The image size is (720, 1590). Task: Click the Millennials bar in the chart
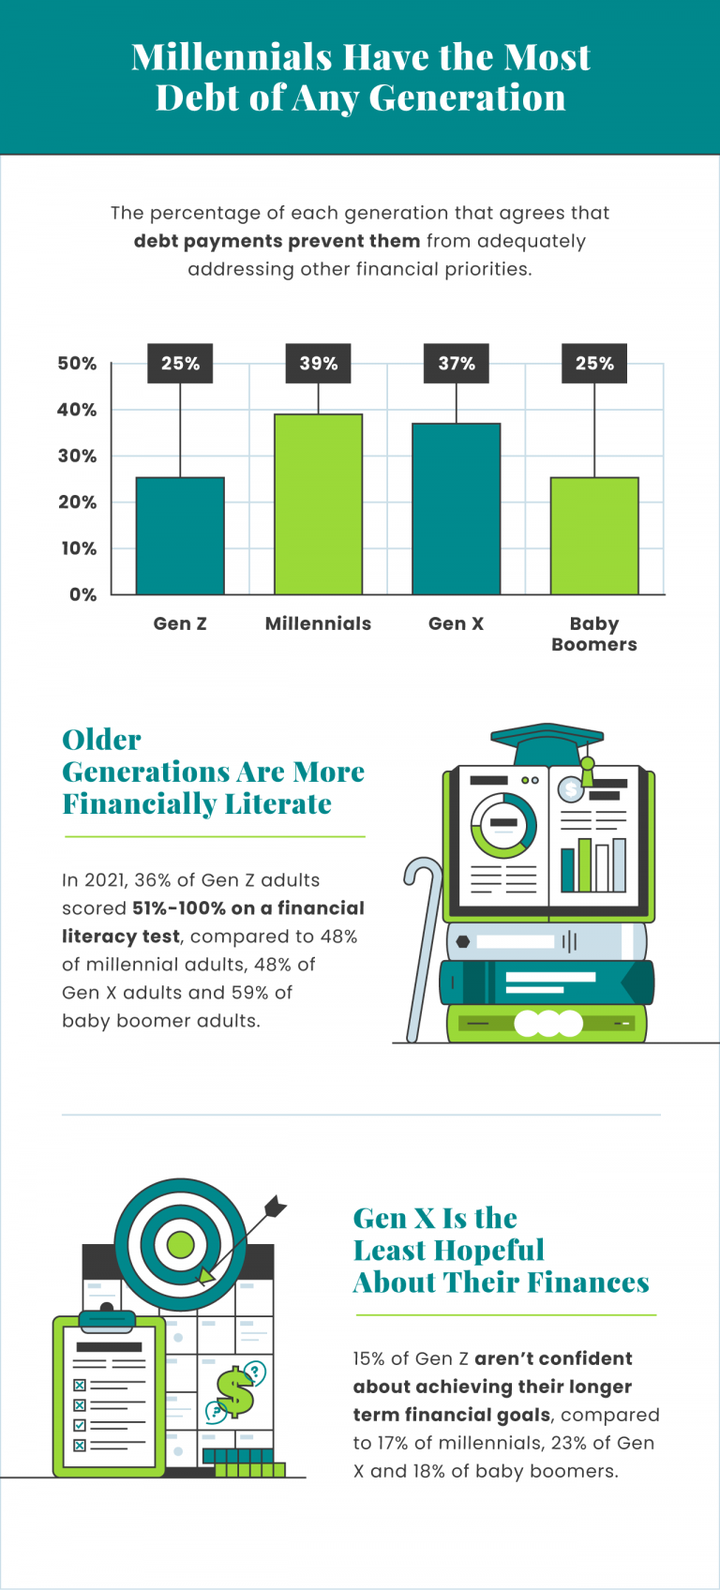318,504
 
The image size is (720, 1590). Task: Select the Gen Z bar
180,535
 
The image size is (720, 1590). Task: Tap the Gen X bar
457,509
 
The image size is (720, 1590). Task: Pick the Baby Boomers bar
594,535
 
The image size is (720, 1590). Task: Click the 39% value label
319,364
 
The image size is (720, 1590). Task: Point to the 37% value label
457,364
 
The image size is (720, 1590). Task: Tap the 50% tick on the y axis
78,364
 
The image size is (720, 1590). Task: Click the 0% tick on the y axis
83,594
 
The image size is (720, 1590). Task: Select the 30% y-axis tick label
78,456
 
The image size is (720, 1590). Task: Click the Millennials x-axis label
318,623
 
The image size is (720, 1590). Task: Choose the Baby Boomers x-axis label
594,634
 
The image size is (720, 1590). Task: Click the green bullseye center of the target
180,1246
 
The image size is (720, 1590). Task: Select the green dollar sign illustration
234,1393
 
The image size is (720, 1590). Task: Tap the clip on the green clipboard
107,1320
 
